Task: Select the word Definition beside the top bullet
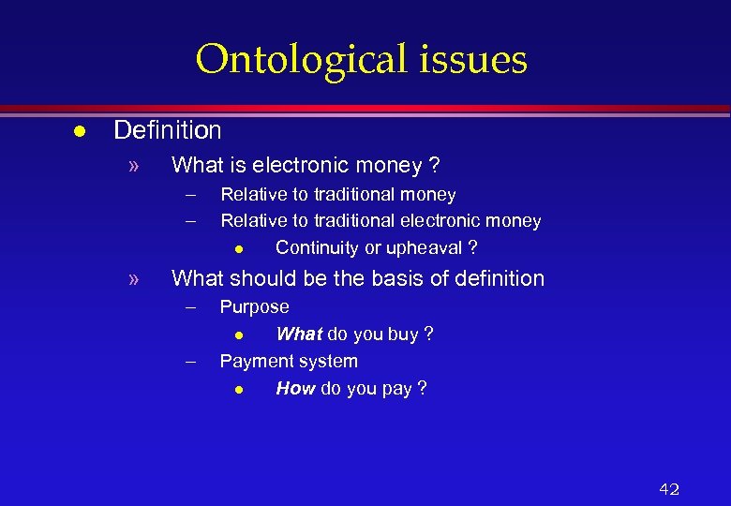(x=168, y=130)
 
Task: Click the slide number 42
(x=669, y=489)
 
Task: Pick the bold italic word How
(x=295, y=388)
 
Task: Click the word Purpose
(x=254, y=306)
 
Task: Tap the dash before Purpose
(x=191, y=306)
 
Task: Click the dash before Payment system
(x=191, y=361)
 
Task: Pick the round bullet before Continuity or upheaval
(x=240, y=248)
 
